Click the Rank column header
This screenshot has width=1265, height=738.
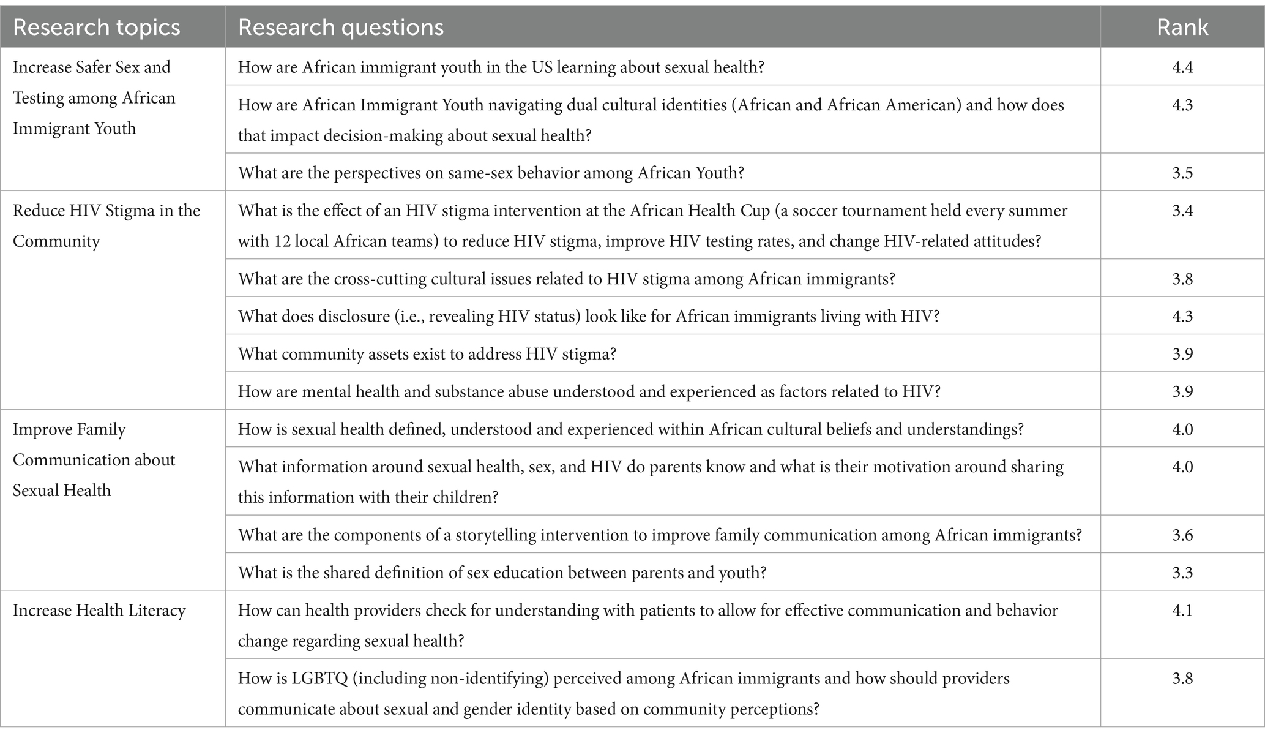tap(1182, 28)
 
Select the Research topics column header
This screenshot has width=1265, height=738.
tap(96, 28)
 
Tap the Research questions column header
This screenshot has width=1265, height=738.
tap(340, 28)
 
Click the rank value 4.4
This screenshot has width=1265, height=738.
tap(1182, 67)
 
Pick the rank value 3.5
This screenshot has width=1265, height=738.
tap(1182, 173)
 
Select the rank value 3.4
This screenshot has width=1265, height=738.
tap(1182, 211)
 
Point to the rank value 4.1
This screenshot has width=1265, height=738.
tap(1182, 611)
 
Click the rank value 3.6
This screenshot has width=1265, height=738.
tap(1182, 535)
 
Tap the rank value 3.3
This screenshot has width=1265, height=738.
tap(1182, 573)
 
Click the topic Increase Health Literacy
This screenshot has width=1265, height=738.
tap(99, 611)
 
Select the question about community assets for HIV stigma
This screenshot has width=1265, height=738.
tap(427, 354)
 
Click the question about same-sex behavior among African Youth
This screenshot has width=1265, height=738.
tap(491, 173)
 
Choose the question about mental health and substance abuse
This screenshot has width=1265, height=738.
tap(589, 391)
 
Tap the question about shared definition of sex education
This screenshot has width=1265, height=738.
tap(502, 573)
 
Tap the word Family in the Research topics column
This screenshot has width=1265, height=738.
tap(98, 429)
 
